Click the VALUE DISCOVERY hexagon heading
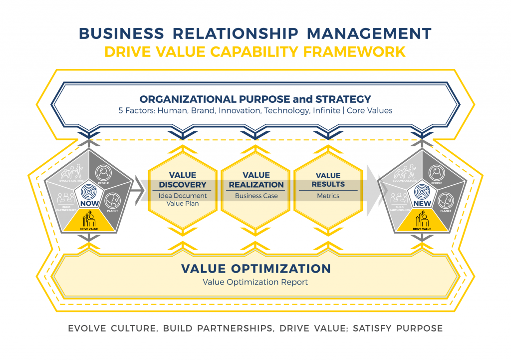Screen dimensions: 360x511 click(x=182, y=180)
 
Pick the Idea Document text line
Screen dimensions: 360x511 click(x=182, y=196)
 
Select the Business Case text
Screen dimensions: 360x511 click(x=256, y=196)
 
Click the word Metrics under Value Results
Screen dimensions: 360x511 click(x=328, y=196)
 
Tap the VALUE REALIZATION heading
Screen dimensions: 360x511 click(x=256, y=180)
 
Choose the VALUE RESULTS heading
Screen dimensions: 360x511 click(x=328, y=180)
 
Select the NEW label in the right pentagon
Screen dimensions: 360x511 click(x=422, y=204)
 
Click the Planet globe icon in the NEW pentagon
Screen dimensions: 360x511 click(x=445, y=202)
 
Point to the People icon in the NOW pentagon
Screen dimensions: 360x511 click(x=103, y=173)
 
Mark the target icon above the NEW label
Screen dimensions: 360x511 click(x=422, y=192)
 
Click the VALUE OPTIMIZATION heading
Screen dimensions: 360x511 click(x=255, y=268)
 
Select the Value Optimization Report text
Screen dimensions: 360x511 click(x=255, y=282)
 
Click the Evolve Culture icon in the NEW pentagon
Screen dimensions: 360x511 click(x=403, y=172)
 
